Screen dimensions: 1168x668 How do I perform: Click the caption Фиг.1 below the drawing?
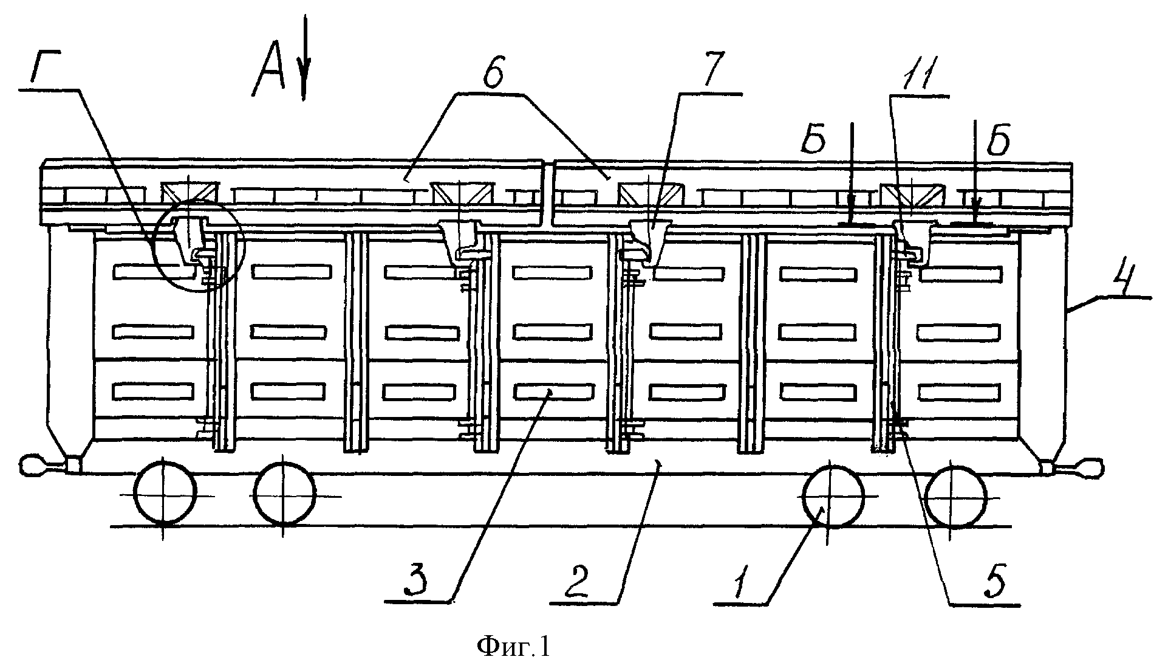tap(514, 647)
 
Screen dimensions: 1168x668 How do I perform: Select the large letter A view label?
tap(269, 75)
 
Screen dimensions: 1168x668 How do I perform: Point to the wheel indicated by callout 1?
tap(833, 495)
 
